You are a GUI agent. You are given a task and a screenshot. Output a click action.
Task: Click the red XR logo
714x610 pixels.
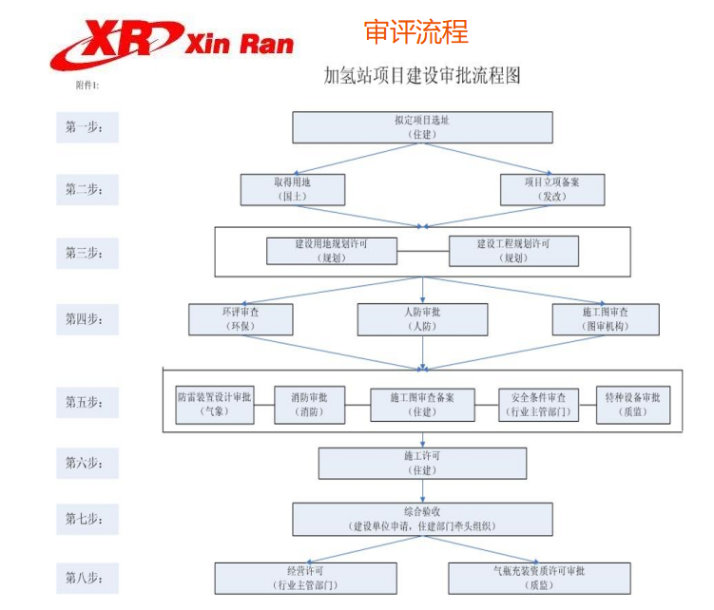tap(115, 42)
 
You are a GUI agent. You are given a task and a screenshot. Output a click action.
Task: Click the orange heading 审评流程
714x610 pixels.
tap(415, 31)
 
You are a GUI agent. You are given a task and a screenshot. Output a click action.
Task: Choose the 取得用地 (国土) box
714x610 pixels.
tap(291, 189)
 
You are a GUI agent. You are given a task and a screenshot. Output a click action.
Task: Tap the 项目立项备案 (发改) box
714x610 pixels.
tap(551, 189)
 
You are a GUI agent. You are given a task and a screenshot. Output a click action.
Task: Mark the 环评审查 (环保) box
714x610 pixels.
tap(241, 319)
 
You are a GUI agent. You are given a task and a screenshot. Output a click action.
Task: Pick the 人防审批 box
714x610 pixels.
tap(421, 319)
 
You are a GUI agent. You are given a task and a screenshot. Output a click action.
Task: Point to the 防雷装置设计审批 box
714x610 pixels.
tap(215, 404)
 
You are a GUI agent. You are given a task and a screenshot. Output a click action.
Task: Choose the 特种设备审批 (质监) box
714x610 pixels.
tap(632, 404)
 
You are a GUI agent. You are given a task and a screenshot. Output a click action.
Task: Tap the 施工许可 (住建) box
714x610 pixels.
tap(421, 463)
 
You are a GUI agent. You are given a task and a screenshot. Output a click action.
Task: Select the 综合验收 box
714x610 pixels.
tap(421, 519)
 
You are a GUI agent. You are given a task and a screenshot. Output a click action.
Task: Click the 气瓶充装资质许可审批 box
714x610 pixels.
tap(538, 578)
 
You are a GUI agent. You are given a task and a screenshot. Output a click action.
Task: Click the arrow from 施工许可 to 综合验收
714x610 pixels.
tap(421, 490)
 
